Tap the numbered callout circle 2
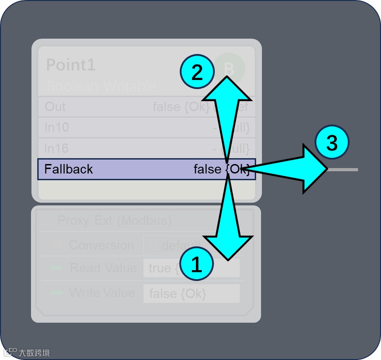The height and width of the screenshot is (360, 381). (x=197, y=72)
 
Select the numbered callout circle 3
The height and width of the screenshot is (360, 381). (x=332, y=143)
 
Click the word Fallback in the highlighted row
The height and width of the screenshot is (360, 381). (x=68, y=169)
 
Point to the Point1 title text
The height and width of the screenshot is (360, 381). (x=71, y=65)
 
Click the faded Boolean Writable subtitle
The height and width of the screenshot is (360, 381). (x=102, y=86)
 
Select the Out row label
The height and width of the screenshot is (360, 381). (x=55, y=107)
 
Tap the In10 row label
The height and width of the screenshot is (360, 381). (x=57, y=128)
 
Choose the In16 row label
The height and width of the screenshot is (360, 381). (x=57, y=148)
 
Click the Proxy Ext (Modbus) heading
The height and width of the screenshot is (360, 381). (x=115, y=221)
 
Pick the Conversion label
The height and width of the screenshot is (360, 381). (x=102, y=245)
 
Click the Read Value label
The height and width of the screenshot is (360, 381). (x=103, y=268)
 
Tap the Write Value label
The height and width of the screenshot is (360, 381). (x=102, y=293)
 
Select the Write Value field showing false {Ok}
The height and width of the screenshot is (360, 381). (x=191, y=293)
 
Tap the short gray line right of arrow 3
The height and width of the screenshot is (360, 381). (x=343, y=169)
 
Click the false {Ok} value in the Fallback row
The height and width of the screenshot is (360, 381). (x=221, y=169)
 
